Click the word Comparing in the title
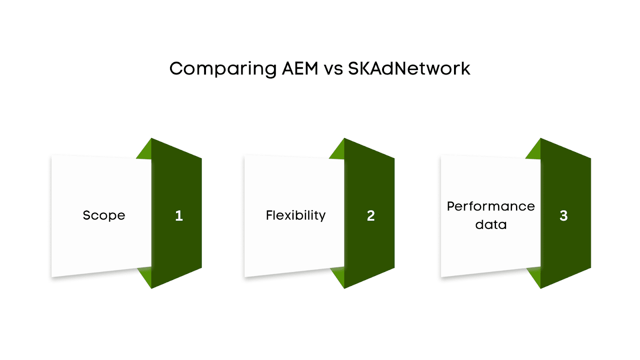pyautogui.click(x=223, y=69)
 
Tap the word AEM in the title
pyautogui.click(x=300, y=69)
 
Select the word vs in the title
pyautogui.click(x=333, y=69)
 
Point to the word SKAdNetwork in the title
pyautogui.click(x=409, y=69)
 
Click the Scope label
pyautogui.click(x=104, y=216)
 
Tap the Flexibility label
pyautogui.click(x=296, y=216)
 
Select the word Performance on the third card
pyautogui.click(x=491, y=206)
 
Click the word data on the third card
pyautogui.click(x=491, y=225)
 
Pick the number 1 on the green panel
pyautogui.click(x=179, y=216)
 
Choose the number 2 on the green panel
pyautogui.click(x=371, y=216)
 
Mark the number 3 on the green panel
pyautogui.click(x=564, y=216)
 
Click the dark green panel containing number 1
pyautogui.click(x=176, y=180)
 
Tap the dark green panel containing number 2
pyautogui.click(x=369, y=180)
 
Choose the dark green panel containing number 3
pyautogui.click(x=565, y=180)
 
